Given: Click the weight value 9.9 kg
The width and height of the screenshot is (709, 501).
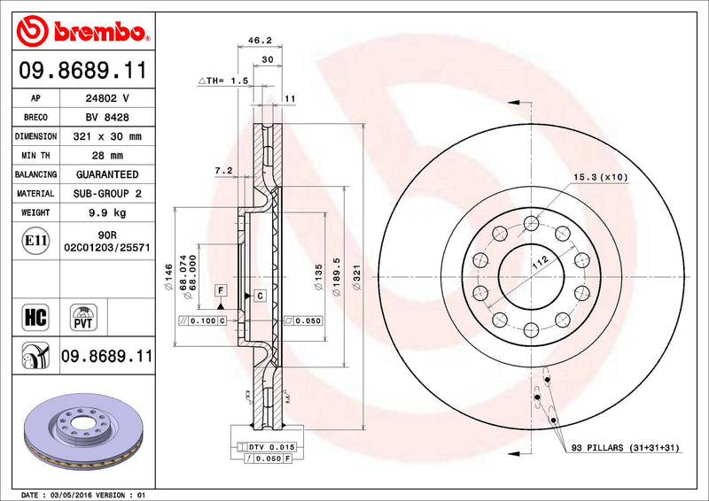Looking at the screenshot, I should click(x=107, y=212).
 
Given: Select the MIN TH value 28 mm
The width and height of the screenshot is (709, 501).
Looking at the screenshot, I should click(x=107, y=156).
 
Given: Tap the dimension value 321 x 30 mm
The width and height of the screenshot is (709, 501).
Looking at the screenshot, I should click(x=107, y=136).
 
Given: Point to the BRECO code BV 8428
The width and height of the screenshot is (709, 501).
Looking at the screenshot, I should click(x=107, y=117).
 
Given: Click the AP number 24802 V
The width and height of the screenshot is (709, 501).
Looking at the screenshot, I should click(x=107, y=98).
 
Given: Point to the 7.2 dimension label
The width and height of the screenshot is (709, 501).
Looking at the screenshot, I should click(x=222, y=169).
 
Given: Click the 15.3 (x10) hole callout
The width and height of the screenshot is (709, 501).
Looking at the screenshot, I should click(x=600, y=177).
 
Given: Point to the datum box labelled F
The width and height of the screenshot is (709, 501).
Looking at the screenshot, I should click(x=219, y=290).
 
